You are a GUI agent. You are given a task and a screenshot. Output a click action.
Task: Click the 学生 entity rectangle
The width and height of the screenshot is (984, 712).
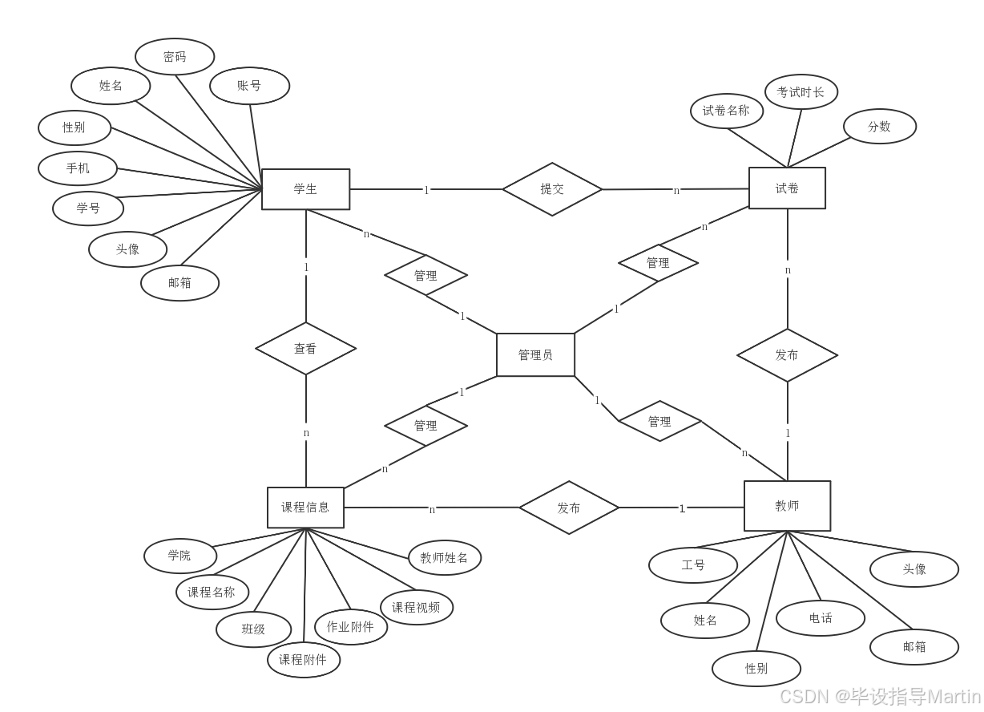pos(305,189)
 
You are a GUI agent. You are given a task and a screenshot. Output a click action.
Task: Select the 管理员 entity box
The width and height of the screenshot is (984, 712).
pos(535,354)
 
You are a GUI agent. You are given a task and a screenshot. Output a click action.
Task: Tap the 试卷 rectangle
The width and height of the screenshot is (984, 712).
pos(787,188)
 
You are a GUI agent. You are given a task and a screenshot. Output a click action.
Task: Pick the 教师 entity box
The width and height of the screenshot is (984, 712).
pos(787,506)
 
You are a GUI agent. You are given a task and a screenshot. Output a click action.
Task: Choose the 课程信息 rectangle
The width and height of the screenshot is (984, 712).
pos(305,508)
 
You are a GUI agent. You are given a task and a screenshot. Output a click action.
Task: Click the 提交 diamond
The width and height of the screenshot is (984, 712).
pos(552,189)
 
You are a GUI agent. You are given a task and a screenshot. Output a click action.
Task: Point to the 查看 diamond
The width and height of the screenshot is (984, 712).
pos(305,349)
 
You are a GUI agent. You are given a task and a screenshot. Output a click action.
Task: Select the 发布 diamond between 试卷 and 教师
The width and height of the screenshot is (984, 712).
pos(787,354)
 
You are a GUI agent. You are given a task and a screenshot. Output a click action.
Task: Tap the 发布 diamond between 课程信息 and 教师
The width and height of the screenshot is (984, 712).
pos(569,508)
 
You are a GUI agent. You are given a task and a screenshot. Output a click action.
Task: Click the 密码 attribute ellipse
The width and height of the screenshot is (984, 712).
pos(175,57)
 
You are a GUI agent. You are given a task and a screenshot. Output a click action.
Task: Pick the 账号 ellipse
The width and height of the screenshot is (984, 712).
pos(249,86)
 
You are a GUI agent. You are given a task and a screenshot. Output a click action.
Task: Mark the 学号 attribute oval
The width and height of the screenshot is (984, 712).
pos(88,208)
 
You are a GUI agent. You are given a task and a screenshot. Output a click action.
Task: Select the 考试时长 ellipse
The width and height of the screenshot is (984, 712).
pos(801,92)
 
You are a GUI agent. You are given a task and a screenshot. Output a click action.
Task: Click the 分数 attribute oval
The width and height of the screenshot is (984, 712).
pos(879,127)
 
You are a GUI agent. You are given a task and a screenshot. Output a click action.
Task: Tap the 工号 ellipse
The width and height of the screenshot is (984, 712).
pos(693,565)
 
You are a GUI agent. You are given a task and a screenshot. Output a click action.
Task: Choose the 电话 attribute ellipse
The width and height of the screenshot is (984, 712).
pos(821,618)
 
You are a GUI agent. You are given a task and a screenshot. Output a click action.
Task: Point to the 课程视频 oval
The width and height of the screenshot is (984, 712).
pos(416,608)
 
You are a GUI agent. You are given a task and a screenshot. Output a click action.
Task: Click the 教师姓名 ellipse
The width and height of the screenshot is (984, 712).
pos(444,558)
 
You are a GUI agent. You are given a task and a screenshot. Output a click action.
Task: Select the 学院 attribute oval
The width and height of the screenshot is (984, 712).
pos(179,556)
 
